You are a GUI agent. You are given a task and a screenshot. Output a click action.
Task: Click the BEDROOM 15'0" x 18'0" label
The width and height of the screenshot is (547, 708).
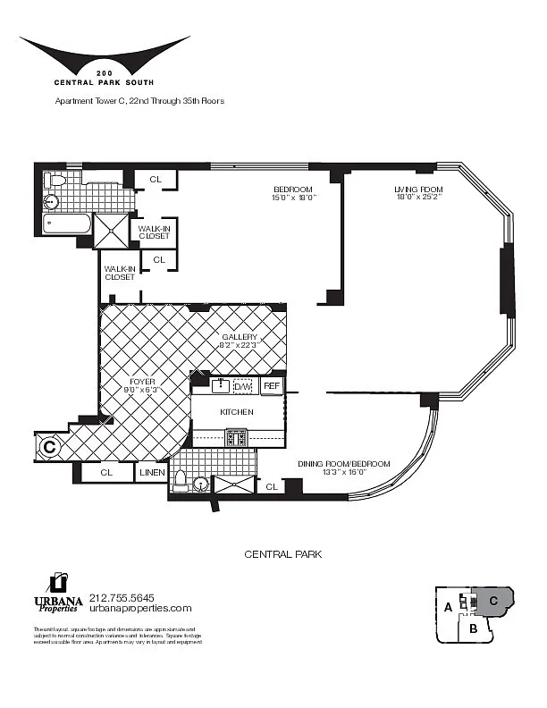(292, 193)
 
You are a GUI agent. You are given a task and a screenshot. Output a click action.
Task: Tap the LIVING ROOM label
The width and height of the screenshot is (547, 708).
(418, 193)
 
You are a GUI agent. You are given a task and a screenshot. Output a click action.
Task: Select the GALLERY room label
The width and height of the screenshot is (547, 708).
(240, 341)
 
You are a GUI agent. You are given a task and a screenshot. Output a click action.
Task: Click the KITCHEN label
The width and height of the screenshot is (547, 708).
(237, 412)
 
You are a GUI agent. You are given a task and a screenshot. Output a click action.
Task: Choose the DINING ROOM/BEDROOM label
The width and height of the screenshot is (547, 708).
(344, 468)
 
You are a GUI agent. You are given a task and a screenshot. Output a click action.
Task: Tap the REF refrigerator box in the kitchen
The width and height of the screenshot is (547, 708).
(272, 386)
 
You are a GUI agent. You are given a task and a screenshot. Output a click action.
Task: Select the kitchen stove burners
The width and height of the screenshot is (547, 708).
(237, 437)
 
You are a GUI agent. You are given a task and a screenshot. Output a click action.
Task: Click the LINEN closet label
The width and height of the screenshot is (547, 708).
(150, 472)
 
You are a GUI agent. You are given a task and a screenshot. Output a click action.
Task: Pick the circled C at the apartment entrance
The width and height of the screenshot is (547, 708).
(50, 444)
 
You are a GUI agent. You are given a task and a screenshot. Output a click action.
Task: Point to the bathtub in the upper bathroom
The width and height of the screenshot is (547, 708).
(68, 223)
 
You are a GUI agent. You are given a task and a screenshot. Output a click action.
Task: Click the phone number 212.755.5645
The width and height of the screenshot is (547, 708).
(122, 597)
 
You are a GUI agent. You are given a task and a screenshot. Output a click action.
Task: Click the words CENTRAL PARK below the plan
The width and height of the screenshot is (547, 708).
(282, 554)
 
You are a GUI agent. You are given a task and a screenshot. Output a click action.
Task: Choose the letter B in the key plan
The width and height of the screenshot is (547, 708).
(474, 628)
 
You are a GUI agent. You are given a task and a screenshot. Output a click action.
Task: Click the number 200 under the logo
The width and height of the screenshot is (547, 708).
(104, 70)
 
